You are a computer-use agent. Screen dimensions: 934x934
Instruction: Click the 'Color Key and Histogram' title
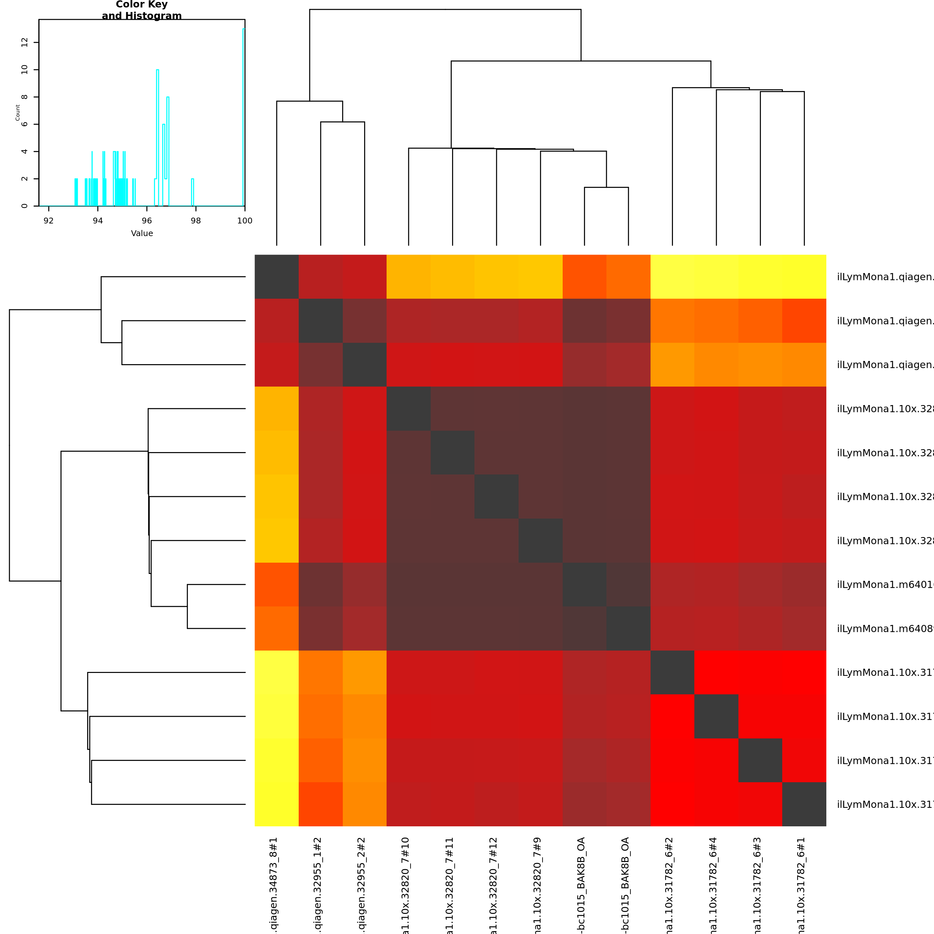[x=142, y=10]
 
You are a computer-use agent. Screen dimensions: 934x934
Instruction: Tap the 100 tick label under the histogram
[x=245, y=221]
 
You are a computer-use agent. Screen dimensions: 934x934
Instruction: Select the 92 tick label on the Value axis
[x=49, y=221]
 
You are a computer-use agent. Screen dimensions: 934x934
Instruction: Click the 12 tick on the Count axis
[x=25, y=42]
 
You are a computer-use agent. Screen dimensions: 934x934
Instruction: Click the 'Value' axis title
[x=142, y=233]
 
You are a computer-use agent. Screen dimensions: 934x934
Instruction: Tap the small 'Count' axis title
[x=18, y=113]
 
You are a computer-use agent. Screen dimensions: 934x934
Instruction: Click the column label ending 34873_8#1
[x=274, y=885]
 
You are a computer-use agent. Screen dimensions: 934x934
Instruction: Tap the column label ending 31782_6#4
[x=713, y=885]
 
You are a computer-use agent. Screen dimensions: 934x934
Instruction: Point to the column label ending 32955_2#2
[x=362, y=885]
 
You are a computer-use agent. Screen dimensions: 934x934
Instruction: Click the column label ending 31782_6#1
[x=801, y=885]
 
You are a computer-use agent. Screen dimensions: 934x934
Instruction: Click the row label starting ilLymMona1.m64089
[x=885, y=629]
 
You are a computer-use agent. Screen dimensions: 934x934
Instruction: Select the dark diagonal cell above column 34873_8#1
[x=277, y=277]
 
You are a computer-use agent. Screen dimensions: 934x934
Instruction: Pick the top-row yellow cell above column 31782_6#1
[x=804, y=277]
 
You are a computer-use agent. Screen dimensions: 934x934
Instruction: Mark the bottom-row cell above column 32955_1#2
[x=320, y=804]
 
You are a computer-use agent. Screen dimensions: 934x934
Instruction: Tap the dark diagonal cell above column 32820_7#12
[x=497, y=497]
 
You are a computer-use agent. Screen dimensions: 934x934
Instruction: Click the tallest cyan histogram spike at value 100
[x=244, y=116]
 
